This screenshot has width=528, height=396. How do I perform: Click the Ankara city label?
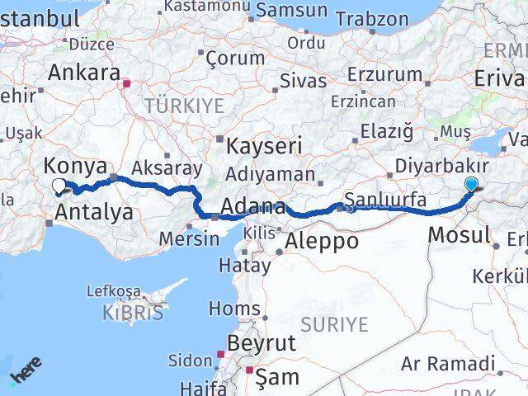click(83, 73)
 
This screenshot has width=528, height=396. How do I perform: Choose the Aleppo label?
click(322, 242)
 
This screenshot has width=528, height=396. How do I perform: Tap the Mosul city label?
click(460, 235)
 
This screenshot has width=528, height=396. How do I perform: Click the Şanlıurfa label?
click(385, 200)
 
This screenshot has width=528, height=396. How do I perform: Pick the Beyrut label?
click(261, 342)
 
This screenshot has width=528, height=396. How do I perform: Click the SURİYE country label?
click(333, 324)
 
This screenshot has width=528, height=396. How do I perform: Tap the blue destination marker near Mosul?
click(471, 185)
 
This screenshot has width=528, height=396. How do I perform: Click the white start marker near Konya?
click(59, 186)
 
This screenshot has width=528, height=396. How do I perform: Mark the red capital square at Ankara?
click(126, 83)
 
